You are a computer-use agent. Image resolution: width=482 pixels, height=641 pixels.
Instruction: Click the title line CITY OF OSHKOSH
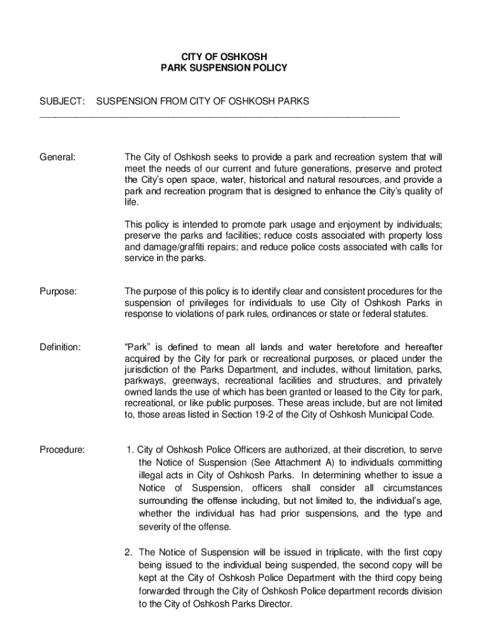[x=223, y=55]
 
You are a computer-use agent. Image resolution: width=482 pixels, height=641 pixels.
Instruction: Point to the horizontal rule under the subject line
[x=219, y=117]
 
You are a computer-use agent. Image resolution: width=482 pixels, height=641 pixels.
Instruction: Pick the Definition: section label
[x=60, y=347]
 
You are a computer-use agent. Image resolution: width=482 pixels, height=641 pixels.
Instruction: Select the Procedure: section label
[x=63, y=449]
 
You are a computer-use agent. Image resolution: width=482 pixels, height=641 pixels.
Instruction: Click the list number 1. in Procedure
[x=130, y=449]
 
